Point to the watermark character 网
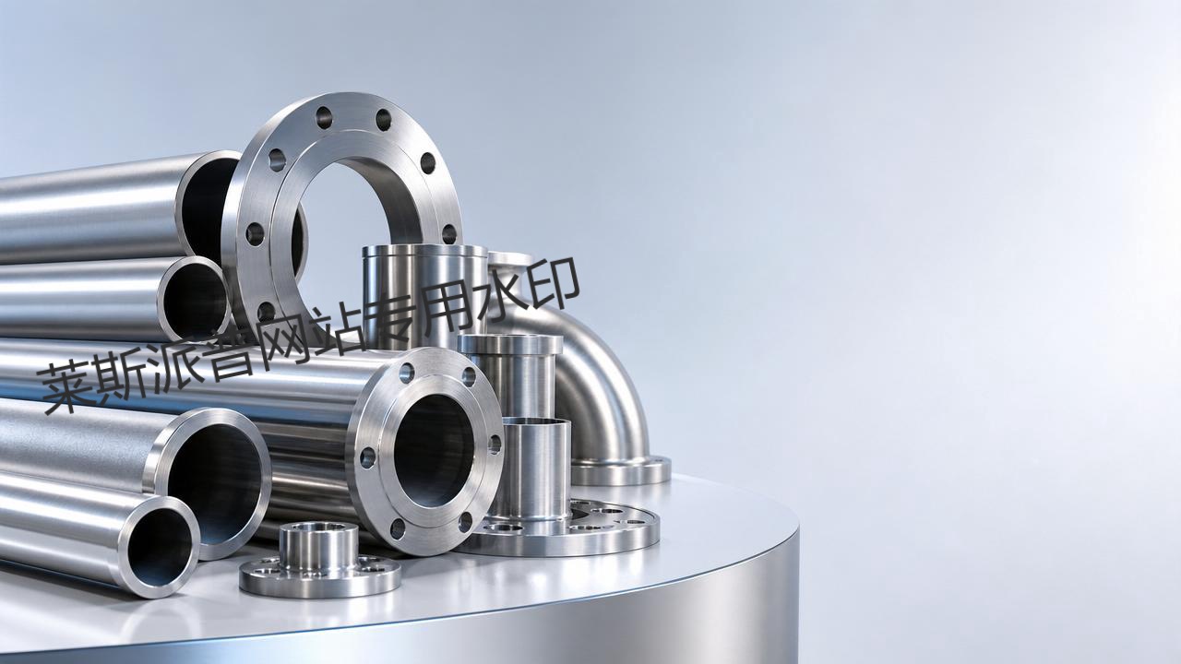285,342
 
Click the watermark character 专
393,323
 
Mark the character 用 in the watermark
448,312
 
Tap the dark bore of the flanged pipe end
434,451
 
